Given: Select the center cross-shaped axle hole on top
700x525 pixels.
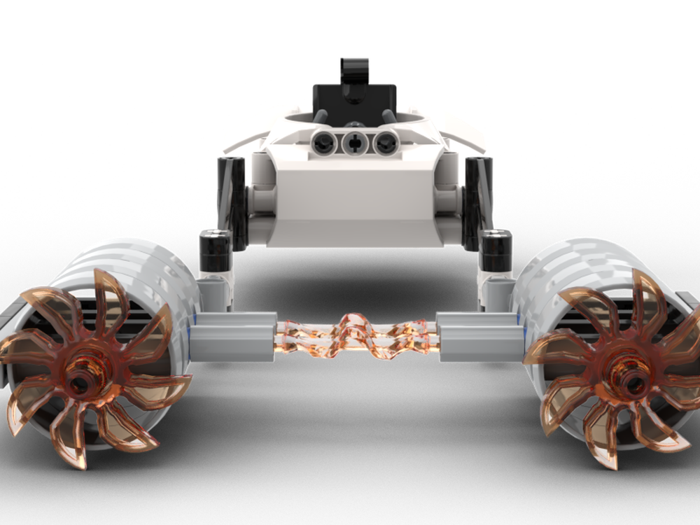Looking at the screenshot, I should coord(355,143).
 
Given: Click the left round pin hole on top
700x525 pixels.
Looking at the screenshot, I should coord(324,143).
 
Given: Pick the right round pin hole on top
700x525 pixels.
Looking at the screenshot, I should coord(384,143).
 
